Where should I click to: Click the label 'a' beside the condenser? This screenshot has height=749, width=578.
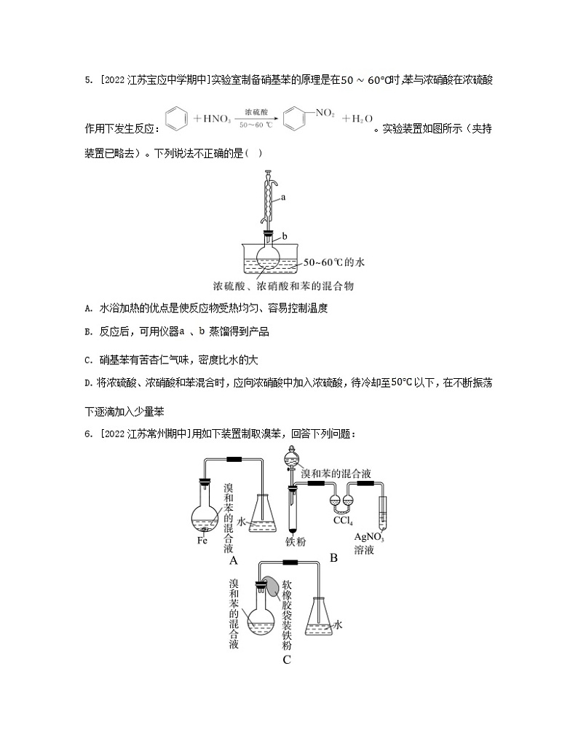click(283, 197)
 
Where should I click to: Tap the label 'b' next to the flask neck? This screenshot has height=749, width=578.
click(285, 237)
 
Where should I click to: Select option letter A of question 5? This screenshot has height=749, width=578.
click(87, 309)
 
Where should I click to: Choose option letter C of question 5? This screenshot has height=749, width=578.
click(87, 359)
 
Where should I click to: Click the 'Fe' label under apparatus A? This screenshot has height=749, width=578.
click(203, 541)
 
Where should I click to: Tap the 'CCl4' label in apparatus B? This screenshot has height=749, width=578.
click(343, 522)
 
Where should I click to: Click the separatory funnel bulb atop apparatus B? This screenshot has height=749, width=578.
click(291, 461)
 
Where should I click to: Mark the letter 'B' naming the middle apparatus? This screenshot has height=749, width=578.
click(333, 558)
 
